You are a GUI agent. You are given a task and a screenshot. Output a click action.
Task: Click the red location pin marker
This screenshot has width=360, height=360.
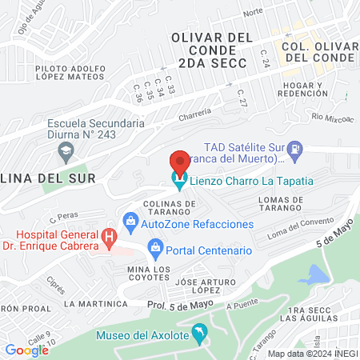[x=180, y=162]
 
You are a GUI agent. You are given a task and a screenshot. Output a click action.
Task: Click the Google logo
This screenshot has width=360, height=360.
[x=26, y=350]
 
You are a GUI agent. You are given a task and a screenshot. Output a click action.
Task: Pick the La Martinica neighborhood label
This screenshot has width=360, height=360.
[x=96, y=304]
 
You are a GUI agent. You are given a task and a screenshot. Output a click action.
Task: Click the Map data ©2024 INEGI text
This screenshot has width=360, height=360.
[x=313, y=354]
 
